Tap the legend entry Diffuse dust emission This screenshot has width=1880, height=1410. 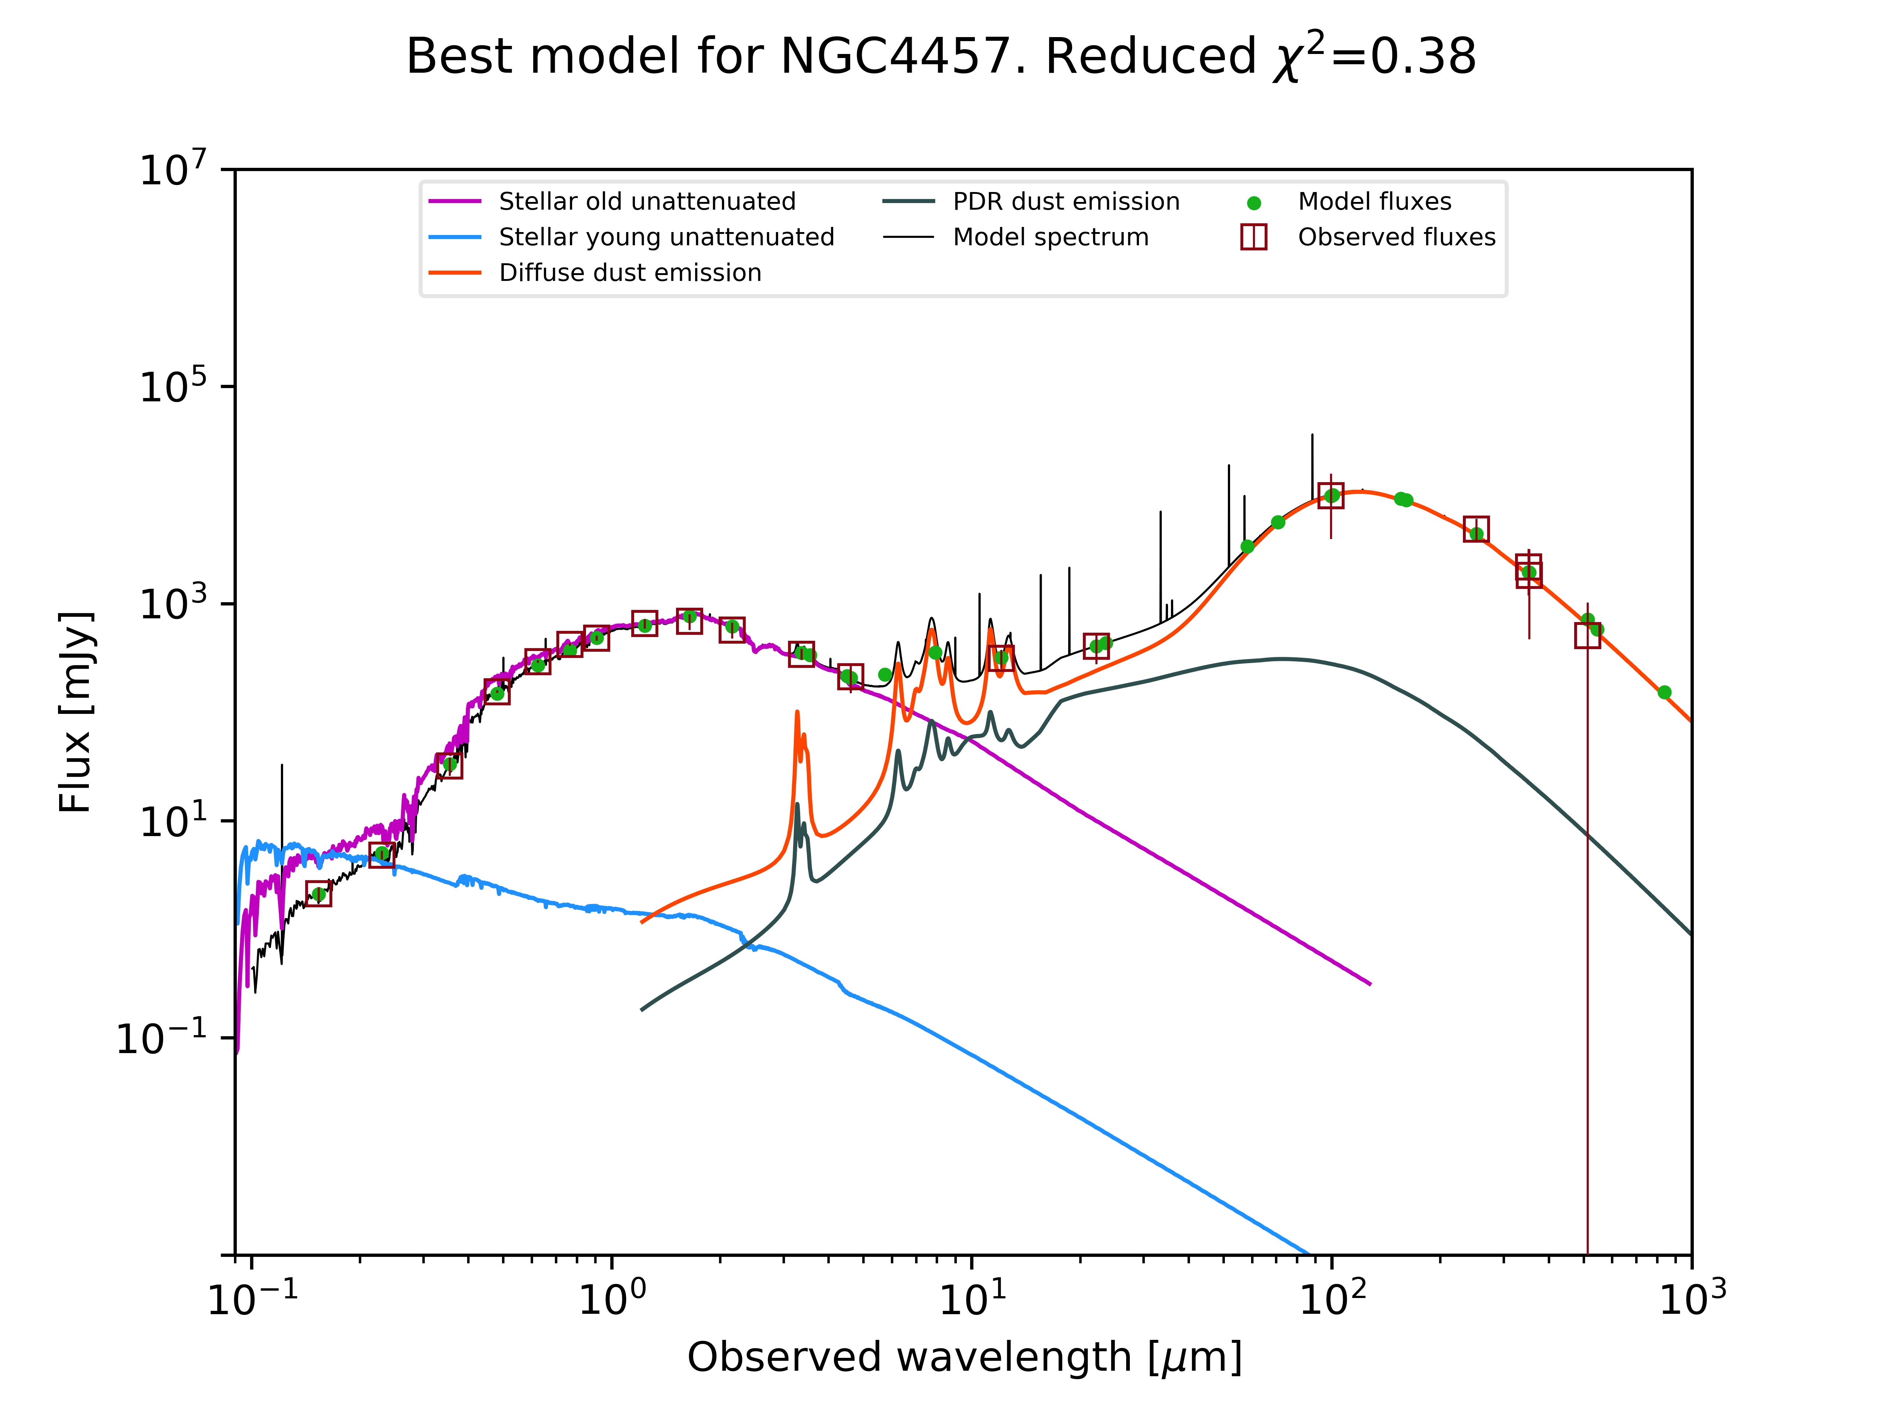click(x=630, y=273)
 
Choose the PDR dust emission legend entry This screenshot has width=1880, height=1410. click(x=1066, y=202)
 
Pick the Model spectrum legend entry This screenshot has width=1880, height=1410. click(x=1051, y=237)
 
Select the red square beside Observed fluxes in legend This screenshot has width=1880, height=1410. click(x=1254, y=237)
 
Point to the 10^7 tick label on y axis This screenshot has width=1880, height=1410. click(x=173, y=169)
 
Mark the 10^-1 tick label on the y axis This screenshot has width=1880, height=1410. click(x=162, y=1038)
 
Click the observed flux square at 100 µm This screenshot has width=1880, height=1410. click(x=1331, y=495)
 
